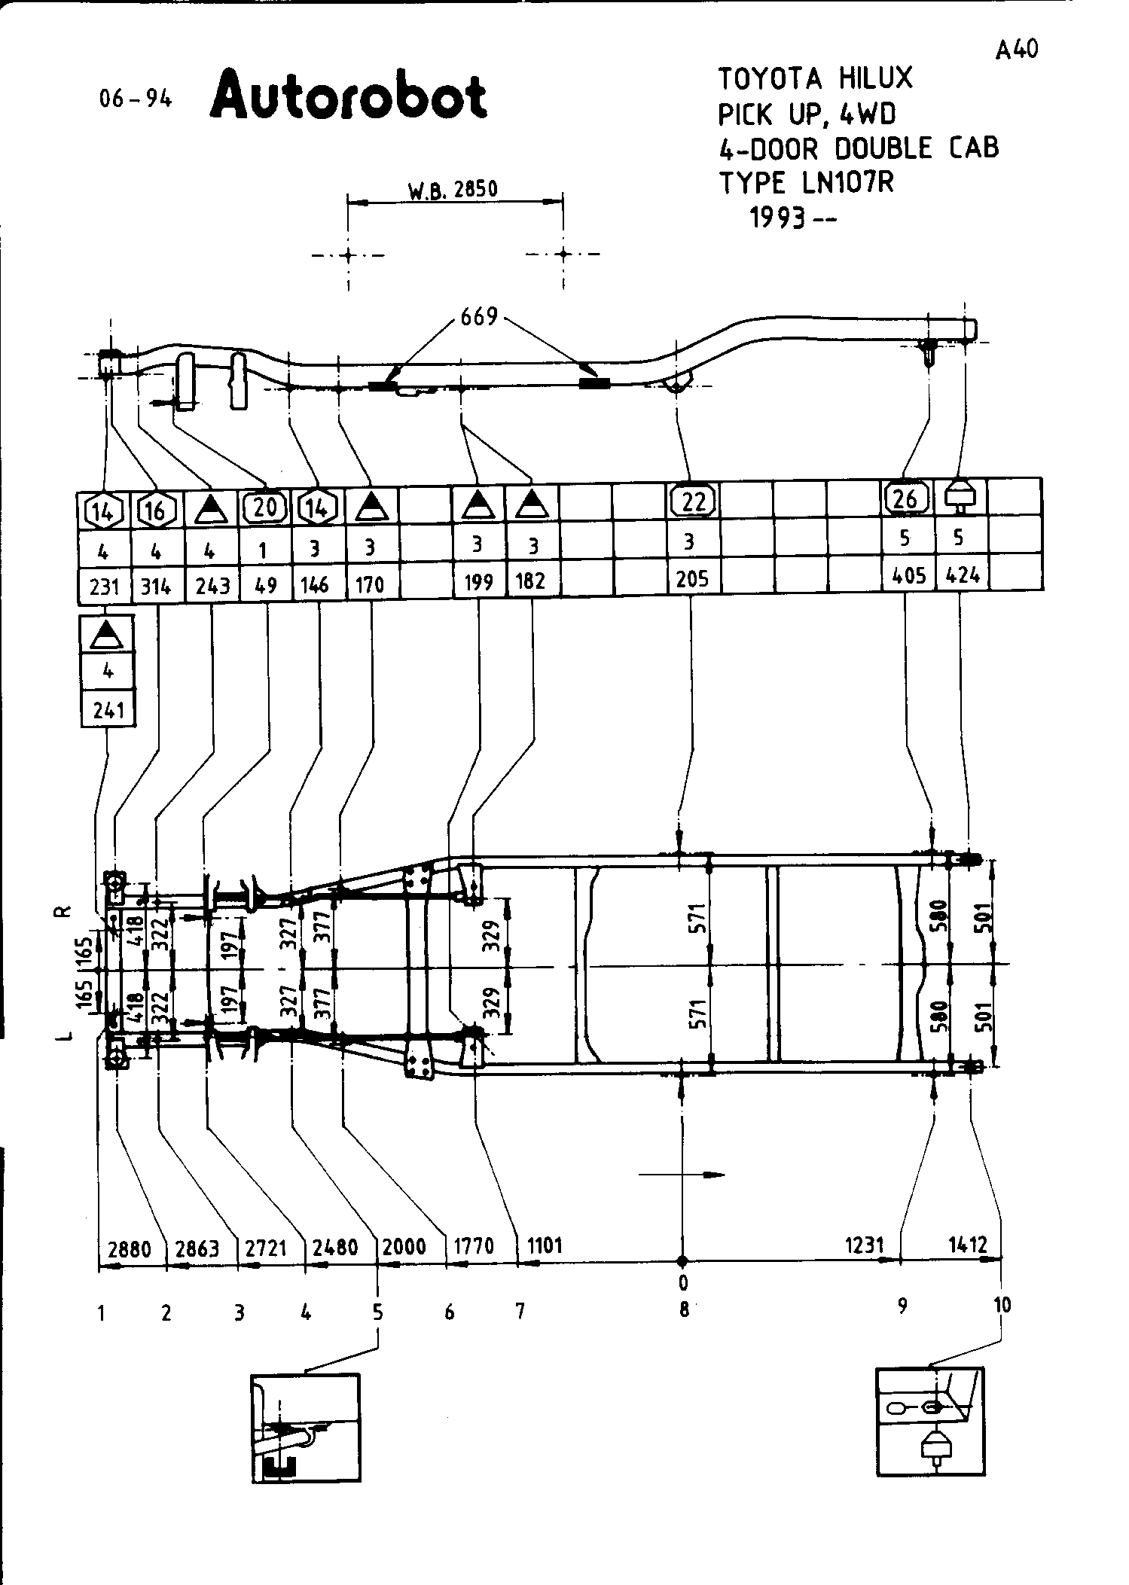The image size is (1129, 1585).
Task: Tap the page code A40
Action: (1016, 50)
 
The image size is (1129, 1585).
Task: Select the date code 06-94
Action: (136, 99)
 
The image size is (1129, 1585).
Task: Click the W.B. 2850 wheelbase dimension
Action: (453, 189)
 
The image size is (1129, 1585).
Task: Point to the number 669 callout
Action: (480, 317)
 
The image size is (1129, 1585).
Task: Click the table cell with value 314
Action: (157, 585)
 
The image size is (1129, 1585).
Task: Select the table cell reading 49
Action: (266, 585)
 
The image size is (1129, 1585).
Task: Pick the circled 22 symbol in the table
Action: (692, 501)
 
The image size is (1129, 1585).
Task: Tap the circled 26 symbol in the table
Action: (906, 498)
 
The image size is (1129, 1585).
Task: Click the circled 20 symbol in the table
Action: (265, 507)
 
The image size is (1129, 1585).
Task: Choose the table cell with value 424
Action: (963, 575)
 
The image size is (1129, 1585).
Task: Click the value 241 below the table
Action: (108, 710)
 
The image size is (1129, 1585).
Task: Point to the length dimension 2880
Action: (130, 1248)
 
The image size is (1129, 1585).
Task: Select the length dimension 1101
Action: (545, 1245)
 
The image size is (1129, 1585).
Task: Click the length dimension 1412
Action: (967, 1245)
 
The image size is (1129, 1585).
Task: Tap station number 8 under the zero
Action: (684, 1310)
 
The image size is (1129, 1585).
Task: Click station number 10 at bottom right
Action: (1002, 1305)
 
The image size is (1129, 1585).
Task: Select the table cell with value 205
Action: (692, 578)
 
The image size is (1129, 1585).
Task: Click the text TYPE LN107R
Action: (806, 183)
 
